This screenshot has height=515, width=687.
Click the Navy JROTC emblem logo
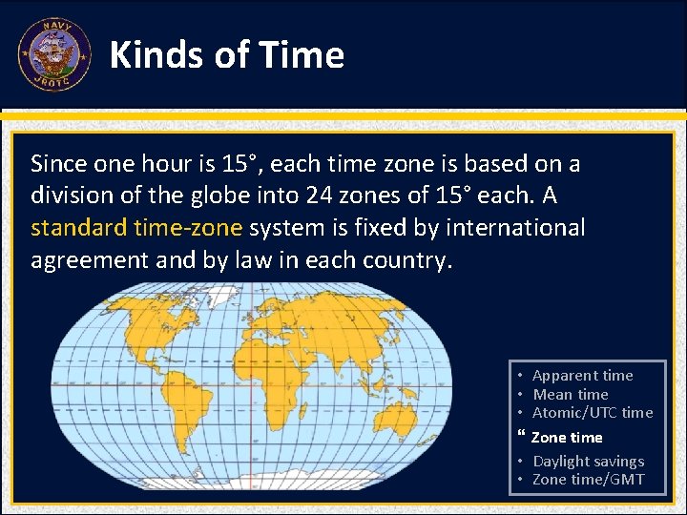[x=53, y=54]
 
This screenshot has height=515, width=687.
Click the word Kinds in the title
[x=155, y=55]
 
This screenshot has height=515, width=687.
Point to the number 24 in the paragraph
[x=319, y=196]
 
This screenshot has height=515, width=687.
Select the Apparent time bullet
[x=582, y=376]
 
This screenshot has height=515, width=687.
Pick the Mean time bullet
[x=570, y=394]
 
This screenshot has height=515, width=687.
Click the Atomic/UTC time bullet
[x=592, y=412]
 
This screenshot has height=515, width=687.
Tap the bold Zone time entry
[x=566, y=437]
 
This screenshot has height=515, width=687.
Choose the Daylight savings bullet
[x=588, y=461]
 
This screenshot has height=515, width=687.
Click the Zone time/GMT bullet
[x=588, y=479]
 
